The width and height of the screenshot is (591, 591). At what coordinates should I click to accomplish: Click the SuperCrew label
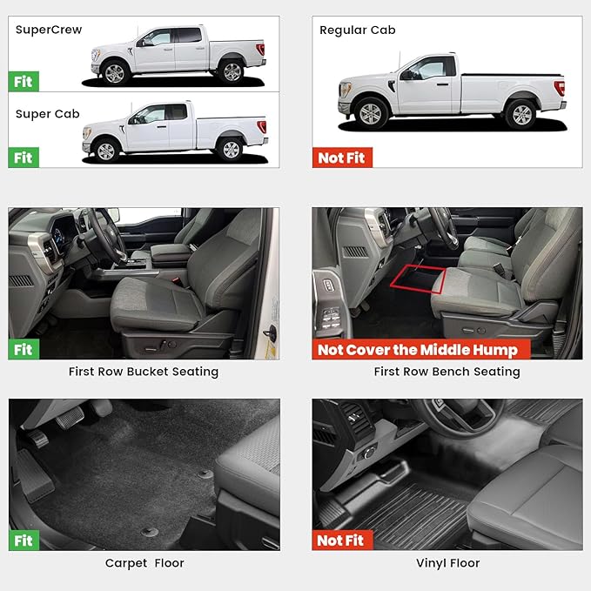coord(49,30)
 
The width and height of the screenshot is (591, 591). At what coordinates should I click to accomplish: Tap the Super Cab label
coord(48,114)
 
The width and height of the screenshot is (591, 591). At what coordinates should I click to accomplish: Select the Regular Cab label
coord(358,30)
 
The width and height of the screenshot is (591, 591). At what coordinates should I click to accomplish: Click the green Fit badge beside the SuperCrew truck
coord(24,82)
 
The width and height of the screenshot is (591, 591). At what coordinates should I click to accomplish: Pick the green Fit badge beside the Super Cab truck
coord(24,158)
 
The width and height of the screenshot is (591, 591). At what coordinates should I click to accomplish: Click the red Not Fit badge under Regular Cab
coord(342,158)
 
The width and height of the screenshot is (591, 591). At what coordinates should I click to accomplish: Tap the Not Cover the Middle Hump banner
coord(421,349)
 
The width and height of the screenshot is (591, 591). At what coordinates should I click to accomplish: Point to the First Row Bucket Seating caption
coord(144,372)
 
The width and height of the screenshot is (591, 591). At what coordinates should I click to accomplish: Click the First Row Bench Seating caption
coord(447,372)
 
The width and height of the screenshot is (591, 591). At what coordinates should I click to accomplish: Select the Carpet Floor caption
coord(144,563)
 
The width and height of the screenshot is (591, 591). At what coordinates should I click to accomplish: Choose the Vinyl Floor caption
coord(447,563)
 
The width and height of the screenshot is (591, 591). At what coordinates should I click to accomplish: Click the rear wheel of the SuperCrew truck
coord(232,72)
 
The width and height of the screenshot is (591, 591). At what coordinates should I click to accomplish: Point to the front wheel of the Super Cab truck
coord(106,151)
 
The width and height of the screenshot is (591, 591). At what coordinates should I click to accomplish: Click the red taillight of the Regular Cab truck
coord(560,88)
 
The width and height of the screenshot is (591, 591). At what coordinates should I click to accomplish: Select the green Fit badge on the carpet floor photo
coord(24,541)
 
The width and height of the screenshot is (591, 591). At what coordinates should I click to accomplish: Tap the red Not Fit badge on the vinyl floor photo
coord(342,541)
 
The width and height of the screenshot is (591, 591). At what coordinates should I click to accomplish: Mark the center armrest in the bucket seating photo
coord(171,252)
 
